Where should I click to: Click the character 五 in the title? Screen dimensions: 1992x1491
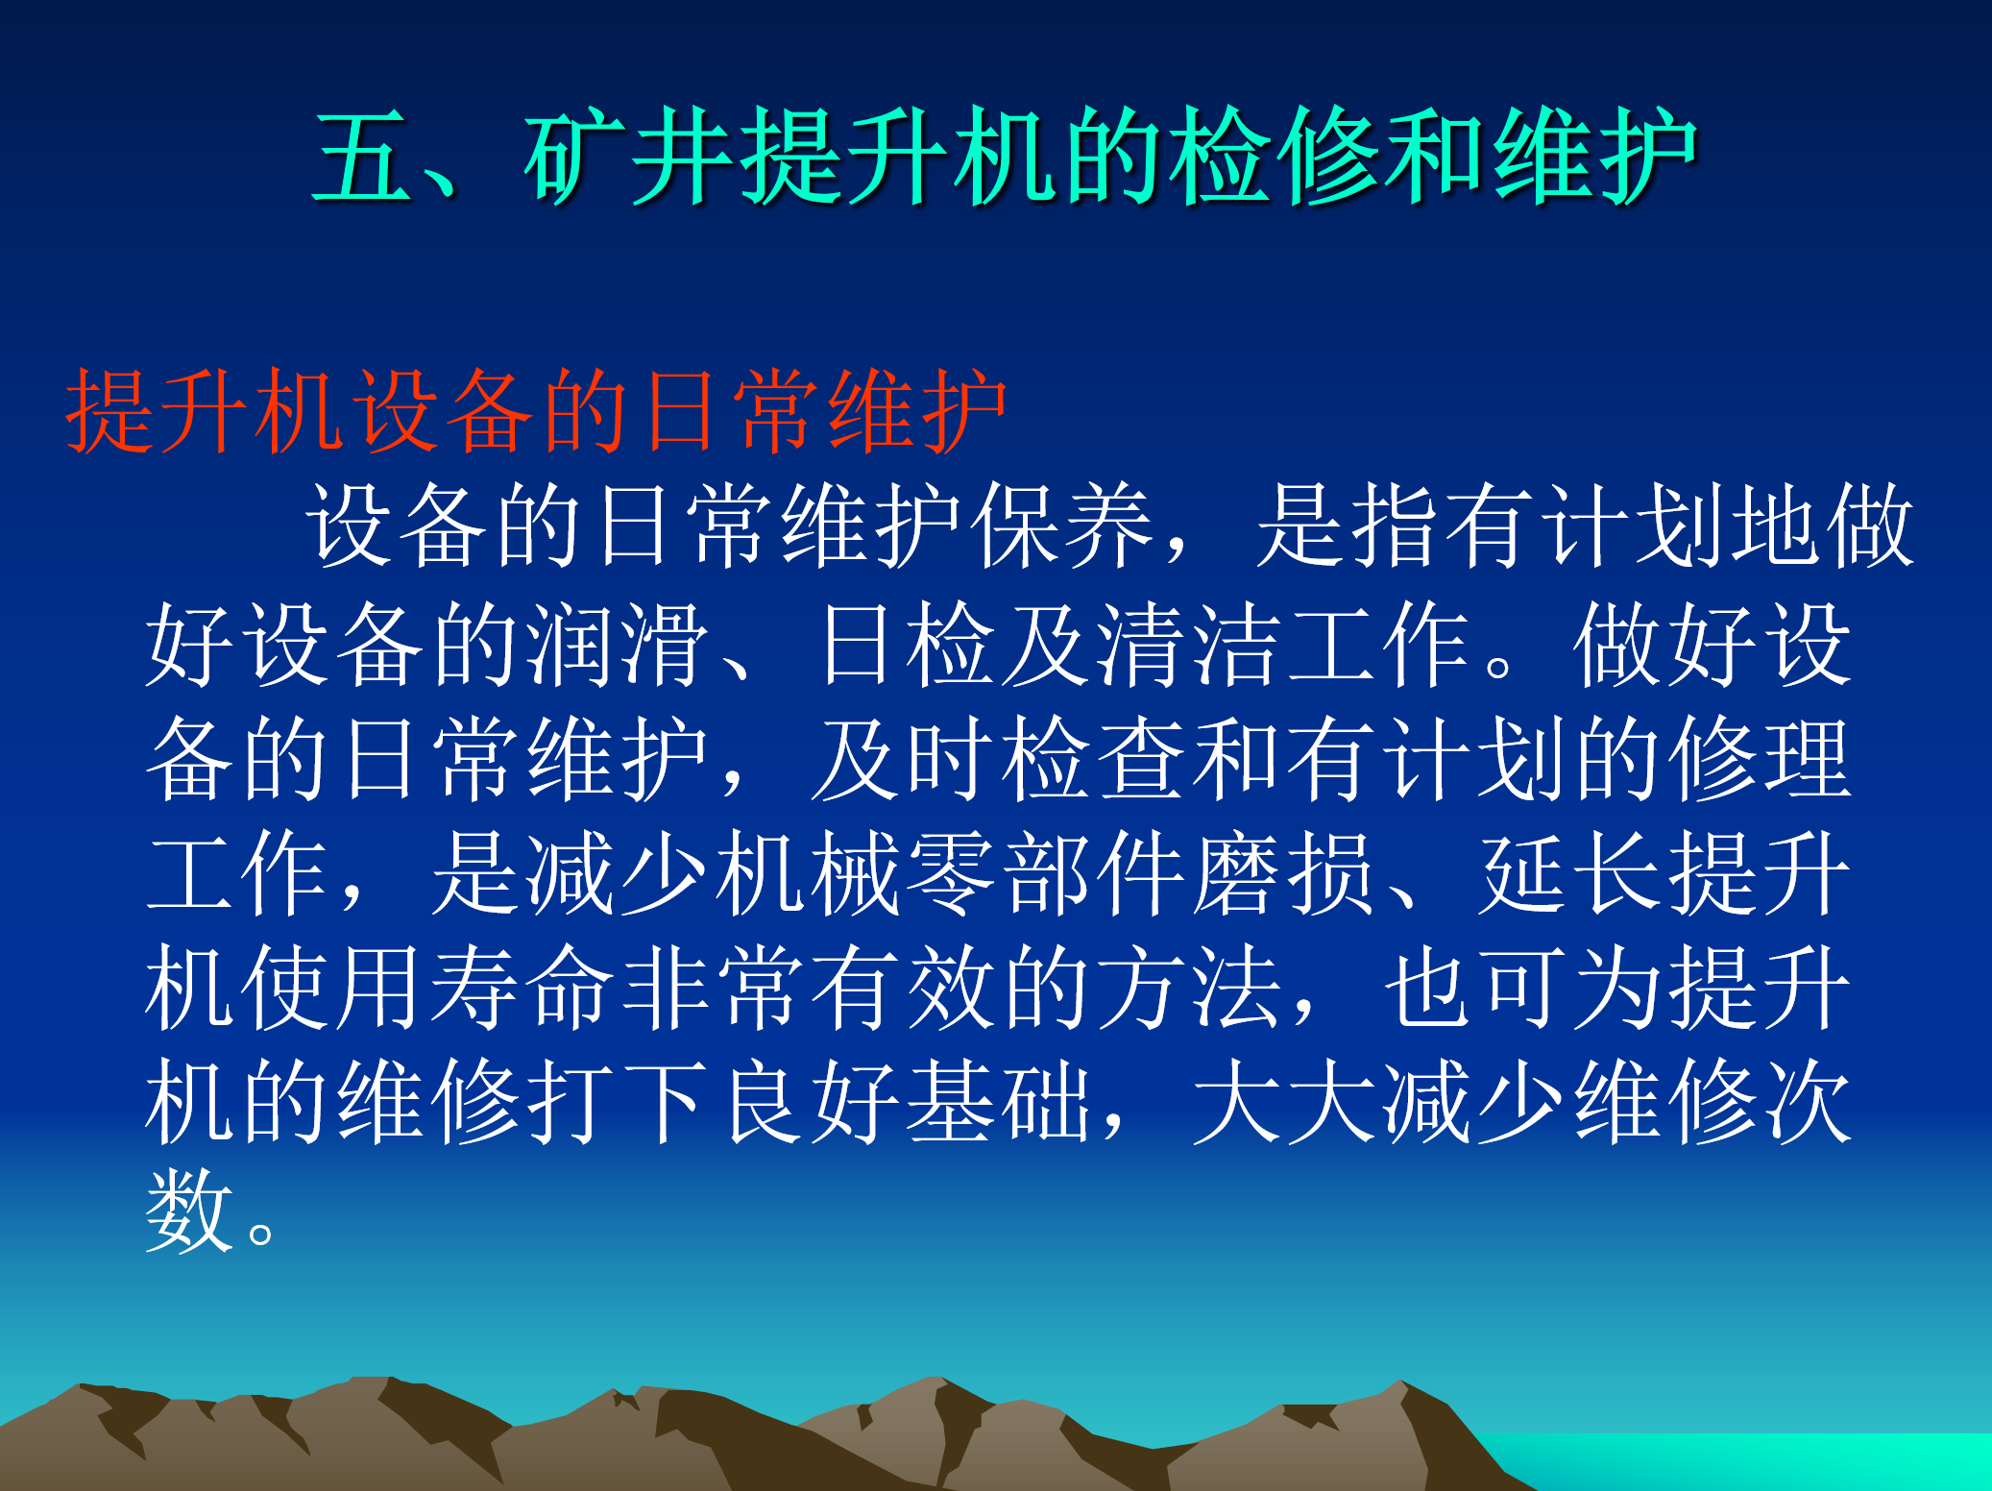tap(362, 156)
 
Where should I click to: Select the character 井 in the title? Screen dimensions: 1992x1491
tap(680, 156)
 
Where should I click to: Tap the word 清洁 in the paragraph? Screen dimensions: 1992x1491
tap(1188, 643)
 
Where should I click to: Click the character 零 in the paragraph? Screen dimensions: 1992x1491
tap(951, 873)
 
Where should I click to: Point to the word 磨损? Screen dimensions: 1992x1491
tap(1283, 873)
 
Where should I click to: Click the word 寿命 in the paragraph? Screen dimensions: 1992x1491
tap(522, 987)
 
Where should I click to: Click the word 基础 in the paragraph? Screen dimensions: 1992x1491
tap(998, 1101)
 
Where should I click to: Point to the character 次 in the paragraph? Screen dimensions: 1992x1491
tap(1807, 1101)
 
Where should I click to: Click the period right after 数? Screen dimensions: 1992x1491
tap(260, 1233)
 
